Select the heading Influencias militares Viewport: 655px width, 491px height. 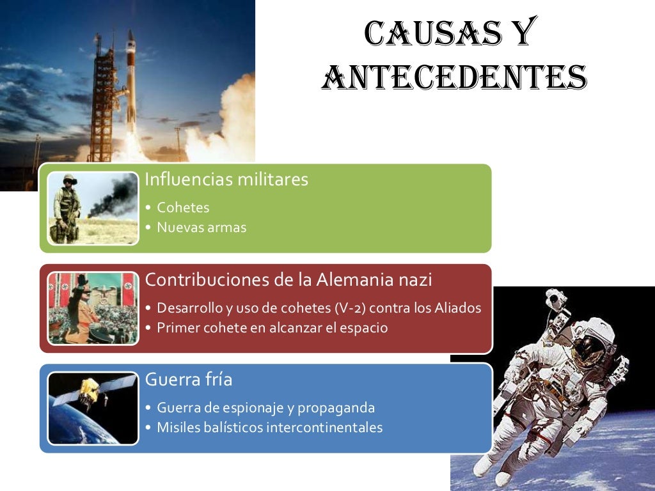tap(226, 180)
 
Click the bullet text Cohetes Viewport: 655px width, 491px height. tap(183, 208)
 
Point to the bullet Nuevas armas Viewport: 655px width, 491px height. tap(201, 228)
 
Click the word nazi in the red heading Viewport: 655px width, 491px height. tap(414, 279)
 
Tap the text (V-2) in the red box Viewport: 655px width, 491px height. tap(349, 308)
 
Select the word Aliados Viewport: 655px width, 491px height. tap(457, 308)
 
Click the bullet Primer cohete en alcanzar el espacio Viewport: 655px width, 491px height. tap(272, 327)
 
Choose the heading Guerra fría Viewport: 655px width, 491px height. tap(189, 380)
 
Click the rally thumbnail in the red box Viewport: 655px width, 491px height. tap(93, 308)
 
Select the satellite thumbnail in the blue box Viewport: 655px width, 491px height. tap(93, 409)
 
